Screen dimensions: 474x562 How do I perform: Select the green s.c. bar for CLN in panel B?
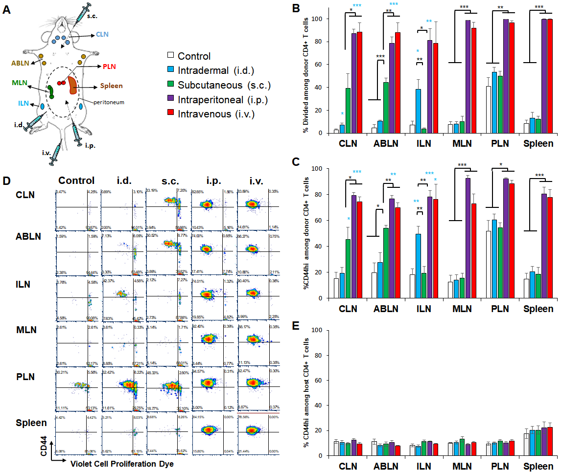point(348,111)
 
